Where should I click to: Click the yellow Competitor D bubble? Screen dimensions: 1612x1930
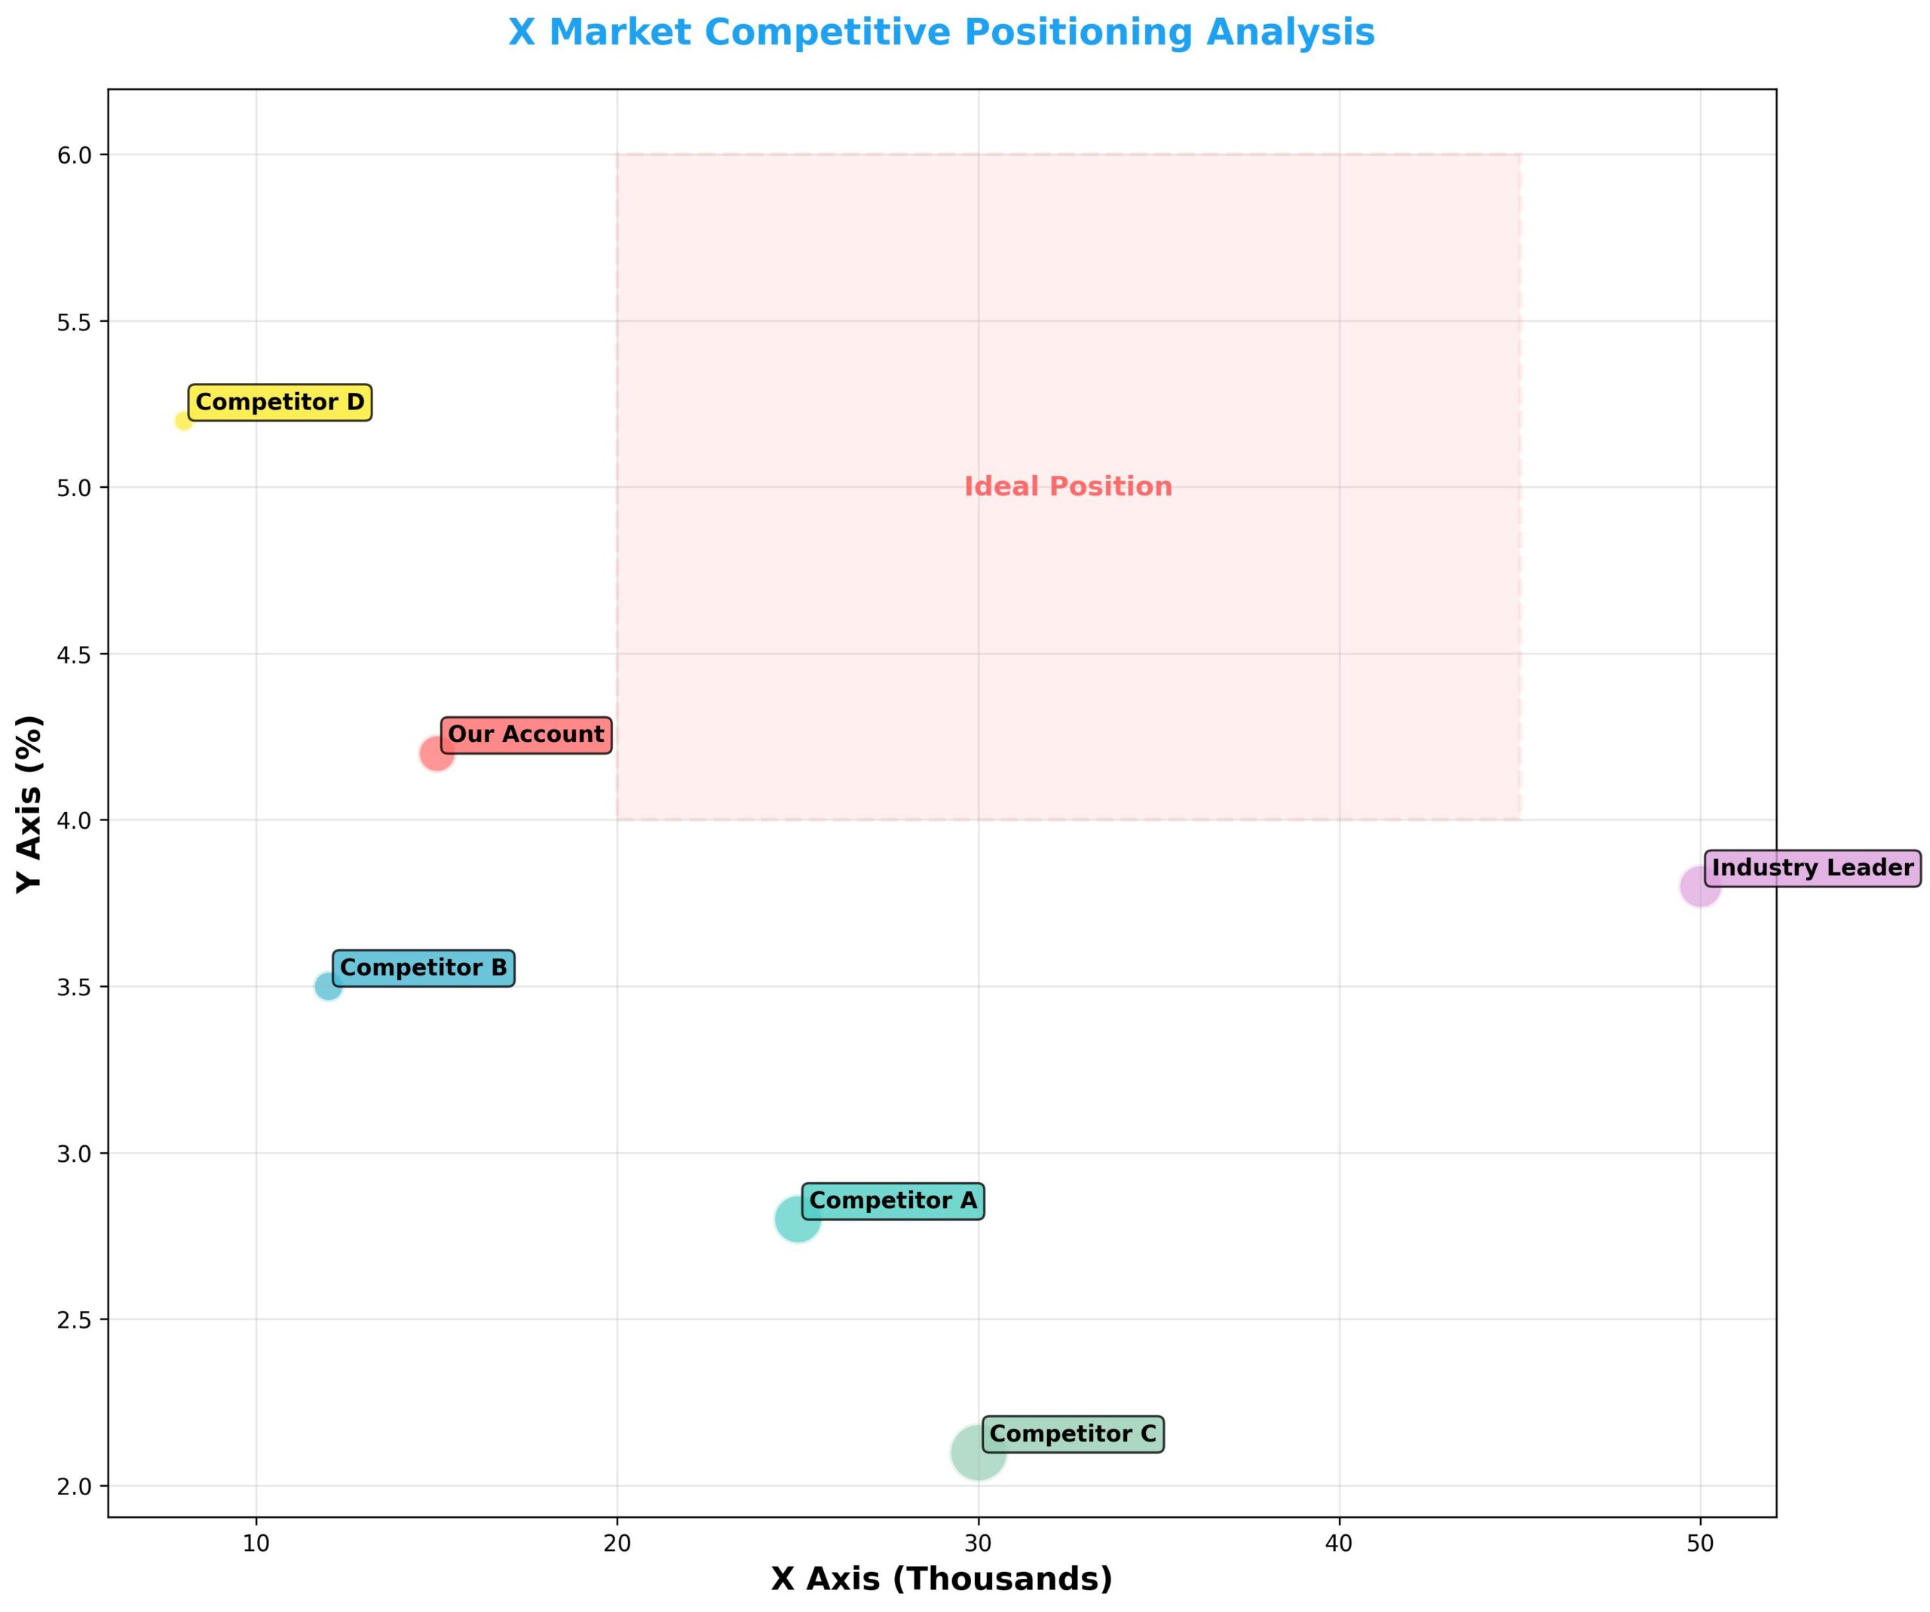tap(184, 421)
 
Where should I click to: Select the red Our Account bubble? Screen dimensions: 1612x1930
tap(437, 754)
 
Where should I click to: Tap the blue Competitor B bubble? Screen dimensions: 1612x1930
tap(328, 986)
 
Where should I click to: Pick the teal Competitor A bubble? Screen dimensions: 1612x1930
tap(797, 1220)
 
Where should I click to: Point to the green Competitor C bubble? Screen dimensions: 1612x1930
tap(978, 1452)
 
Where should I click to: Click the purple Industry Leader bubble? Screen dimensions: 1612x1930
tap(1699, 887)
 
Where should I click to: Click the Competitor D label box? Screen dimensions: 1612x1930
tap(280, 403)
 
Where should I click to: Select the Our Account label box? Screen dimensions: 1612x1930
tap(525, 735)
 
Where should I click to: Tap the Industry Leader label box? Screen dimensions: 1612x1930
tap(1812, 869)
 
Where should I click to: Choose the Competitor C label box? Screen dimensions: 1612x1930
tap(1073, 1434)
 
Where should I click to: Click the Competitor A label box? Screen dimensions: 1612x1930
tap(893, 1201)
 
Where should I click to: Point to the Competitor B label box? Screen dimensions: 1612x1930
tap(423, 968)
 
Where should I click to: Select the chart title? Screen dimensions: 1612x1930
tap(941, 33)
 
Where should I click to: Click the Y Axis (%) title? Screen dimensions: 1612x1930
tap(29, 804)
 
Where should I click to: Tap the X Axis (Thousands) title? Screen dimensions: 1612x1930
tap(941, 1579)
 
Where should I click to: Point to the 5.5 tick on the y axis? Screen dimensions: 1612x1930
tap(75, 322)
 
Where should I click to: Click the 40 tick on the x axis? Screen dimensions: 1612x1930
tap(1339, 1543)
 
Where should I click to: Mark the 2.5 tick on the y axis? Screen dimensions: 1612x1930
tap(75, 1319)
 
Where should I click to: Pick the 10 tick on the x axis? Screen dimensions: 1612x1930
tap(256, 1543)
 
